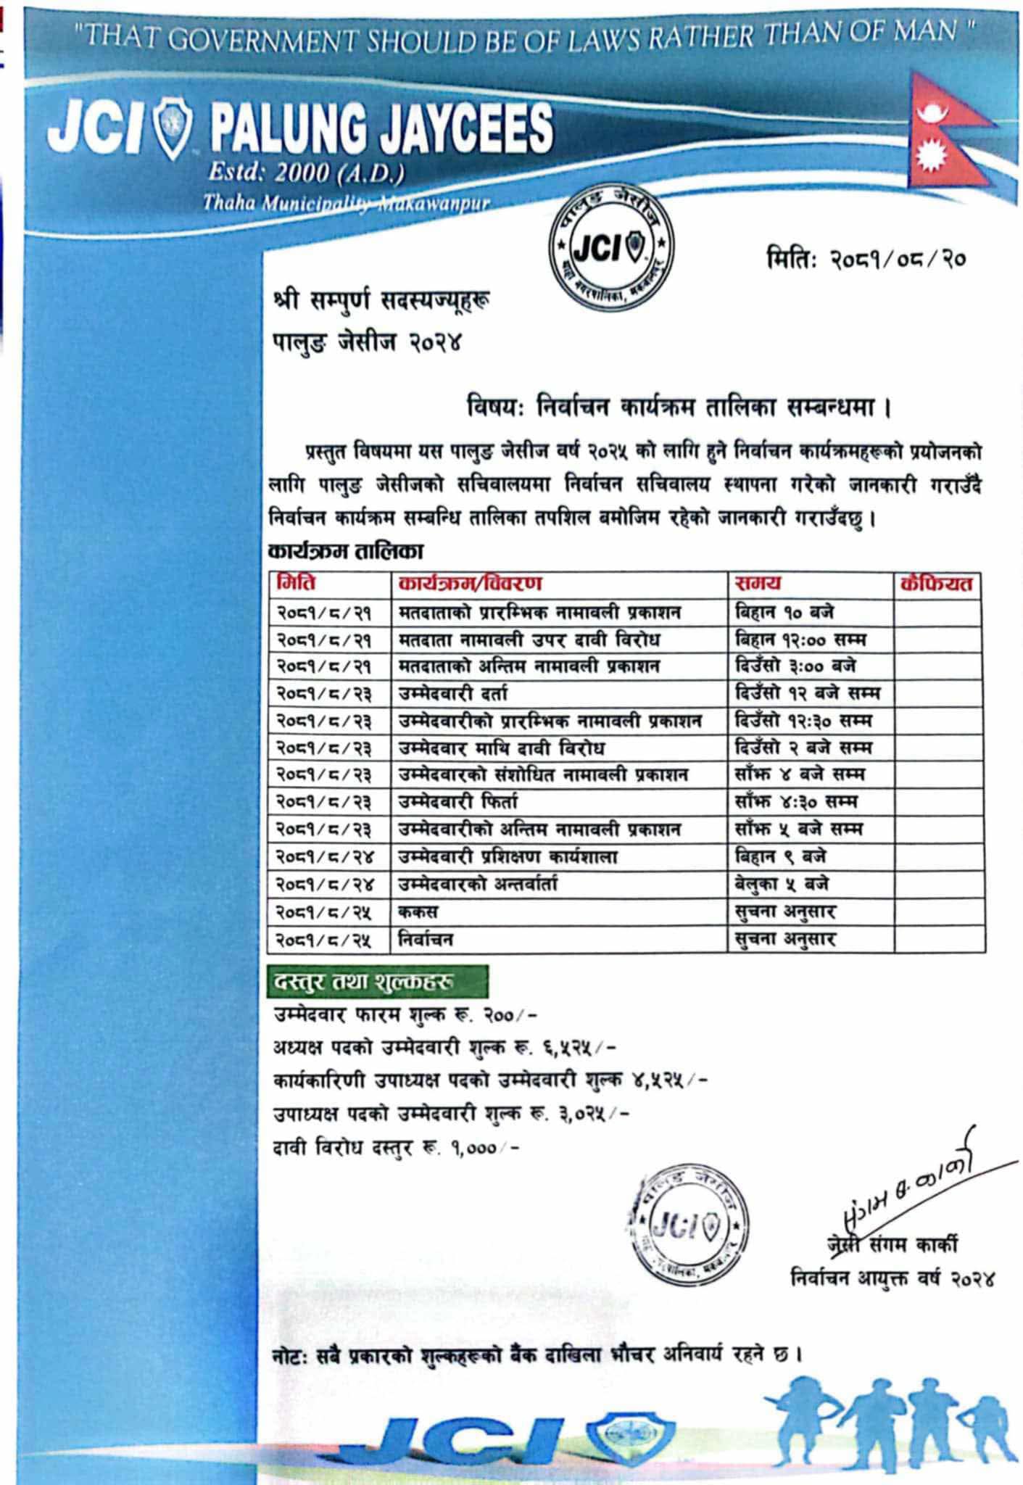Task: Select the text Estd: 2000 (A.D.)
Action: coord(305,173)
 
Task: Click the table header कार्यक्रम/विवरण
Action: coord(471,583)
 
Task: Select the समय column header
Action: coord(758,583)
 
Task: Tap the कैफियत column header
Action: coord(938,583)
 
